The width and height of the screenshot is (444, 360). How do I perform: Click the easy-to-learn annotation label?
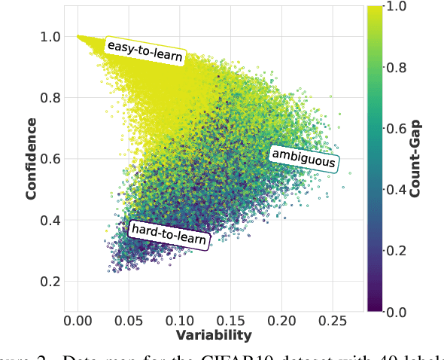144,51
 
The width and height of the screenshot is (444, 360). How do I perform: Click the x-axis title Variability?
214,334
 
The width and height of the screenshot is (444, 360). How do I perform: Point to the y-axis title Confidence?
31,159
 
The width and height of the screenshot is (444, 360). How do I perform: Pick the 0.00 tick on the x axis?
78,319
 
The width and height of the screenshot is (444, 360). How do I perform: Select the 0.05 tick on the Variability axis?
128,319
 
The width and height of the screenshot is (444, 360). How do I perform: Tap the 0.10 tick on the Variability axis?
178,319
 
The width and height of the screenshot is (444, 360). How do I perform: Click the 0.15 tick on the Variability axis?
230,319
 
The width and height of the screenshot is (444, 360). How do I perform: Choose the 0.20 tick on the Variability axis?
280,319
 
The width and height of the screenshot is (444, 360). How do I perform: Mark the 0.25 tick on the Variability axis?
330,319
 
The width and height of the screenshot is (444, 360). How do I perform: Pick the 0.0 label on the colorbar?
396,310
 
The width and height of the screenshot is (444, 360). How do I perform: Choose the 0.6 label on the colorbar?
396,128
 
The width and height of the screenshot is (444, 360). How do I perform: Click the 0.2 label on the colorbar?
396,250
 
